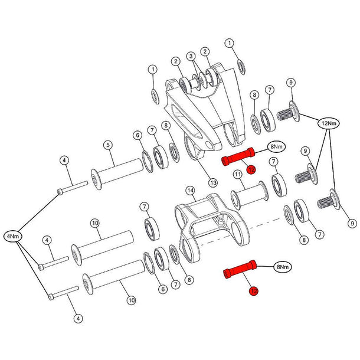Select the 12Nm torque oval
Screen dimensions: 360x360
pyautogui.click(x=328, y=124)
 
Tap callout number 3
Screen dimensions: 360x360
pyautogui.click(x=191, y=57)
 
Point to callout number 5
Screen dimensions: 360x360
pyautogui.click(x=108, y=145)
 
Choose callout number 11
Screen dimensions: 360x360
pyautogui.click(x=236, y=174)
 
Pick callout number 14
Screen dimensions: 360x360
pyautogui.click(x=190, y=191)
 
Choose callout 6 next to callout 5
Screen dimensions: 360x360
pyautogui.click(x=138, y=135)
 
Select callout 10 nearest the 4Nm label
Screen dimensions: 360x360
pyautogui.click(x=94, y=222)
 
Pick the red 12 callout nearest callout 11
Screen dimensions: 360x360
pyautogui.click(x=251, y=170)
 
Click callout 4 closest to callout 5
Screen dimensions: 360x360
pyautogui.click(x=65, y=160)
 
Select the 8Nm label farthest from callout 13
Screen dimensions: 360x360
pyautogui.click(x=283, y=267)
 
